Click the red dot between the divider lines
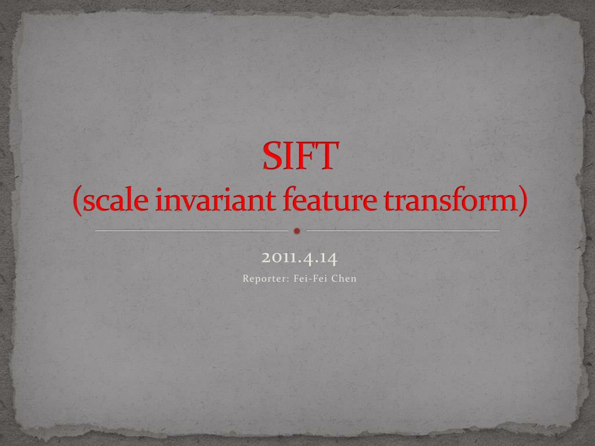coord(297,231)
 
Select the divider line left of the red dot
coord(191,231)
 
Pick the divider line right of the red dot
coord(403,231)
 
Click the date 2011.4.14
coord(299,257)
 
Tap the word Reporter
coord(264,279)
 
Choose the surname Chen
coord(343,279)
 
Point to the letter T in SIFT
coord(326,156)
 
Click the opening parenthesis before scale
coord(78,202)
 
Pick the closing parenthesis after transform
coord(521,202)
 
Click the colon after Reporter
coord(289,279)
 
